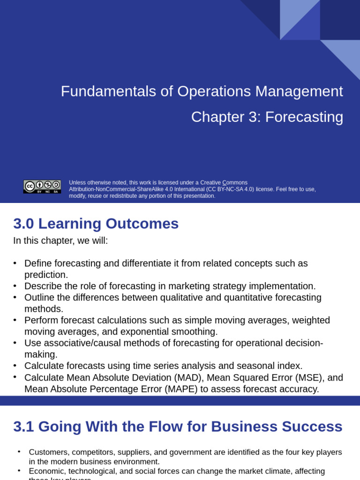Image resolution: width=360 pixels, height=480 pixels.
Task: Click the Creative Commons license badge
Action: (x=42, y=187)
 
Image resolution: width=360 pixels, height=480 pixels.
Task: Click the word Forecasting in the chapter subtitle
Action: (x=304, y=117)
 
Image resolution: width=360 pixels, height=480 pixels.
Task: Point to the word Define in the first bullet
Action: (x=38, y=263)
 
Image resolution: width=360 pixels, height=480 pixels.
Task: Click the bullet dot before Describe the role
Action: (x=15, y=286)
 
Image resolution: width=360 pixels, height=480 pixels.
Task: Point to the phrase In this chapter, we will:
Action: (x=60, y=241)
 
